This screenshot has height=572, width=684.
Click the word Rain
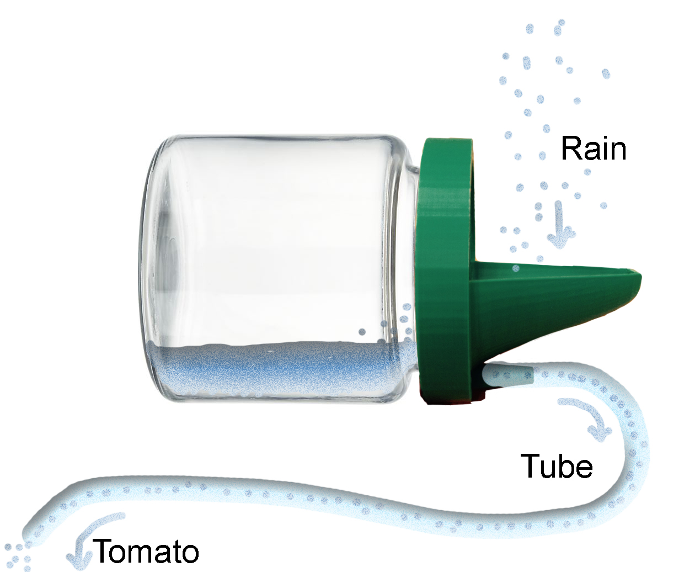click(x=594, y=149)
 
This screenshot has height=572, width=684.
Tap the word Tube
click(x=557, y=466)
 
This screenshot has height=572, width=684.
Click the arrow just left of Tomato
click(x=88, y=538)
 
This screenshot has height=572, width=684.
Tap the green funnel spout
click(x=554, y=302)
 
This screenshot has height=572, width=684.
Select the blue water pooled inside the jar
click(x=279, y=367)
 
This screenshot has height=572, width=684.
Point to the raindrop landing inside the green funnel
click(x=516, y=269)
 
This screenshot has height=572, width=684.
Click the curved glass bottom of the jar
click(x=151, y=269)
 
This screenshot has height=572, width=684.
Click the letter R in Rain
click(x=570, y=149)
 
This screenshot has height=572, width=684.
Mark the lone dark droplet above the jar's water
click(x=362, y=332)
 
